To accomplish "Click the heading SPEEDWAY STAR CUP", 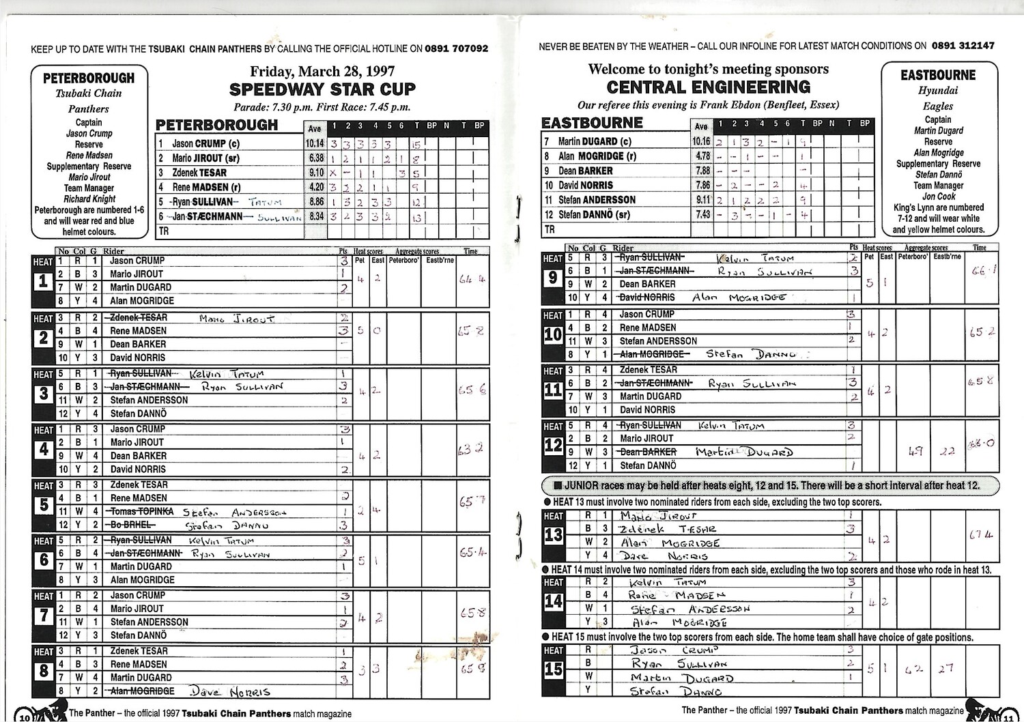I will (x=322, y=89).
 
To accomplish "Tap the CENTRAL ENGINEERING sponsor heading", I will (x=709, y=87).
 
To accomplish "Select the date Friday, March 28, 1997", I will (x=322, y=71).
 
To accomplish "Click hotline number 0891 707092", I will (x=456, y=48).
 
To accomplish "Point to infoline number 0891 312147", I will (x=963, y=46).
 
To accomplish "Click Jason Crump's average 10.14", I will (x=315, y=144).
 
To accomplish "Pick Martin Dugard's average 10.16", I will (x=701, y=141).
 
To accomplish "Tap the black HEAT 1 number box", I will (x=43, y=280).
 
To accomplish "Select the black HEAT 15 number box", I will (x=553, y=669).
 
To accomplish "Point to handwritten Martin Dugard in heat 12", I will (x=744, y=452).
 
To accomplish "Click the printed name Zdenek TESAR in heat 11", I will (x=649, y=369).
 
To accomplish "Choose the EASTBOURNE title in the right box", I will (x=938, y=75).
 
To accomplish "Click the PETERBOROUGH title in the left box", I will (x=89, y=78).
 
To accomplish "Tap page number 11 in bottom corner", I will (x=1008, y=716).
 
